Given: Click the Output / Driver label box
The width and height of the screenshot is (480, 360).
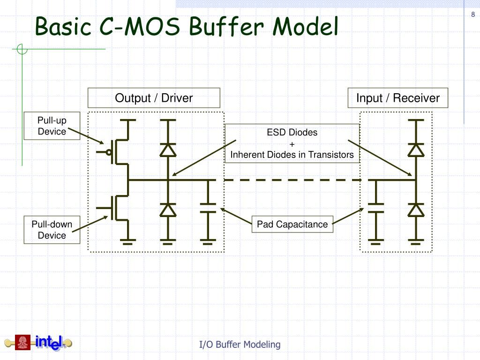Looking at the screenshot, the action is tap(154, 98).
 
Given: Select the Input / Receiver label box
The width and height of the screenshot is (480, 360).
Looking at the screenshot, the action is tap(397, 98).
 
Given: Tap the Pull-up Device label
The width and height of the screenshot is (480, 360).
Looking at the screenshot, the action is tap(52, 126).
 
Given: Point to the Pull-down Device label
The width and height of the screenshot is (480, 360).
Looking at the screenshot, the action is tap(52, 230).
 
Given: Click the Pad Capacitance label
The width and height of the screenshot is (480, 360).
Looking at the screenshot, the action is tap(292, 225).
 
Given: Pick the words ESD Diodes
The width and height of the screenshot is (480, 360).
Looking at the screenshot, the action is tap(292, 132).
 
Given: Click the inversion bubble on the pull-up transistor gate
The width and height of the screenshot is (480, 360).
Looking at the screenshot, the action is tap(109, 152).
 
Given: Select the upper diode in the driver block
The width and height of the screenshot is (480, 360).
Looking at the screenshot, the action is tap(168, 150).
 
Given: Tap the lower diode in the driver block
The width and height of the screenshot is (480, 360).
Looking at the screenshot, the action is tap(168, 210).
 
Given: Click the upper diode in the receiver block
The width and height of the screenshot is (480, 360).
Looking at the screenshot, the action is tap(416, 150).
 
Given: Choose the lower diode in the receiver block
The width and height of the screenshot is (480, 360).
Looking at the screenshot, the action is tap(416, 210).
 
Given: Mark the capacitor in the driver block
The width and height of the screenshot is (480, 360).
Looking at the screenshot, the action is tap(208, 208).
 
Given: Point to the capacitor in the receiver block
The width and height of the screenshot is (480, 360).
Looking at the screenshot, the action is tap(375, 208).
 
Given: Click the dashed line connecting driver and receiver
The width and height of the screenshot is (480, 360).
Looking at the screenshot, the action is tap(292, 180).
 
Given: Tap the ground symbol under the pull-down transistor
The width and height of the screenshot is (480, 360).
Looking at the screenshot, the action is tap(127, 241).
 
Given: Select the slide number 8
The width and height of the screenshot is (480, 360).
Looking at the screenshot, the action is tap(473, 15).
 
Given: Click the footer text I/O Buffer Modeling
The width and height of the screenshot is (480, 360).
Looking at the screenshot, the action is tap(240, 345).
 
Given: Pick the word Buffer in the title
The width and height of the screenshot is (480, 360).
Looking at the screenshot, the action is tap(226, 27).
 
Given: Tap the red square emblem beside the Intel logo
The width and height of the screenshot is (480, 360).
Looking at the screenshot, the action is tap(22, 343).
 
